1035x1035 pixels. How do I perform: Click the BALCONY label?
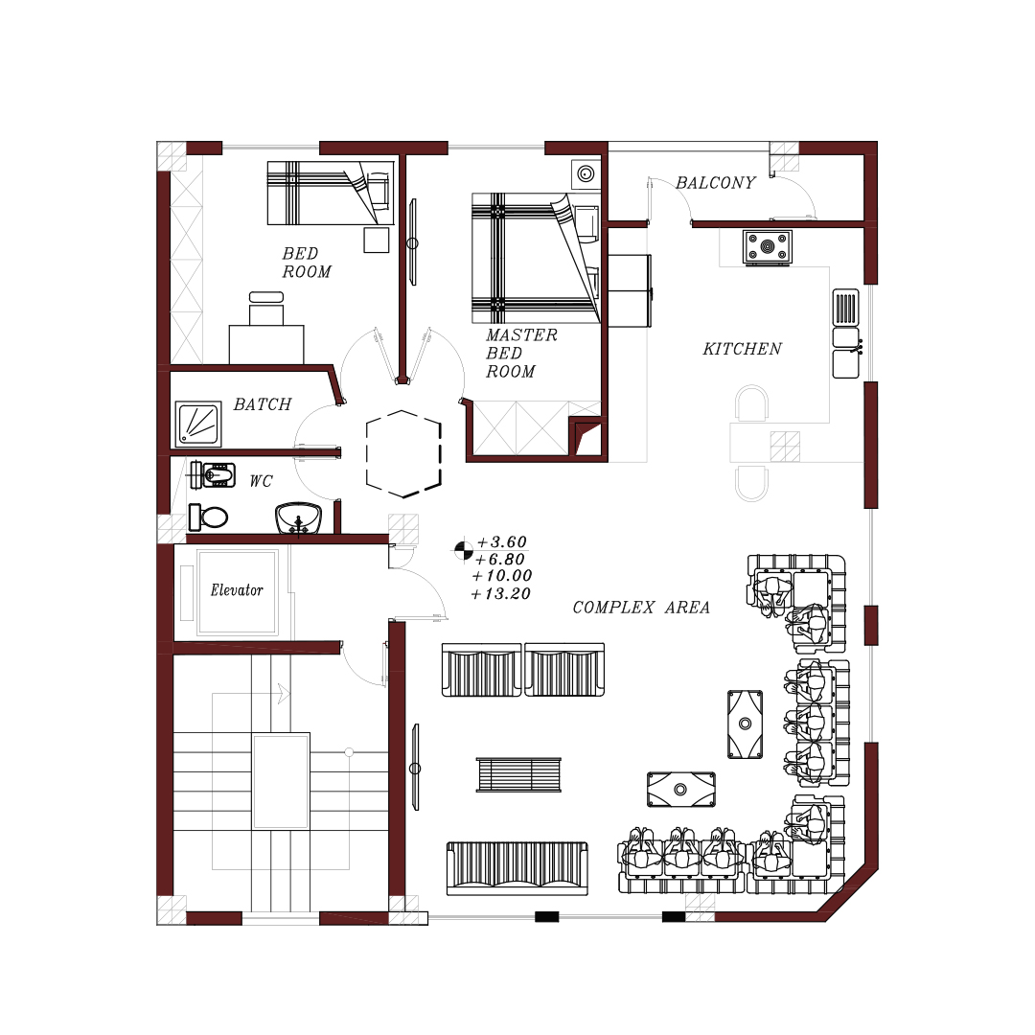tap(716, 183)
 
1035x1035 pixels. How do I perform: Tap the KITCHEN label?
tap(742, 349)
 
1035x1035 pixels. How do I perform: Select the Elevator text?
tap(237, 590)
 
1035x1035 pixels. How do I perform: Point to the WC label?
tap(261, 481)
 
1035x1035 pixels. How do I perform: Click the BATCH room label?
tap(262, 404)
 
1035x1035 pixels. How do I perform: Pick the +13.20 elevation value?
tap(500, 594)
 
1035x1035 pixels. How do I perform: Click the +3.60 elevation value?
tap(501, 541)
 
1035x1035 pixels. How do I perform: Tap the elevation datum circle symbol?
tap(464, 550)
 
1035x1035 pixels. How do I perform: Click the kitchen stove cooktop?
tap(767, 247)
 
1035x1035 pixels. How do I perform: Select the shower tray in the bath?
tap(198, 424)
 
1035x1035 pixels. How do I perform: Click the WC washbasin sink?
tap(298, 518)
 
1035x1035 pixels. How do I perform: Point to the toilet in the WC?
tap(208, 517)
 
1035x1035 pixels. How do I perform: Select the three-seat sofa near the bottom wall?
tap(517, 868)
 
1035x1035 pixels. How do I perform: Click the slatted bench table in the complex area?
tap(518, 775)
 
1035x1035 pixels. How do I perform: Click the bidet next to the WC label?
tap(213, 475)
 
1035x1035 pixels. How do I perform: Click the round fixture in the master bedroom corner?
tap(586, 174)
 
